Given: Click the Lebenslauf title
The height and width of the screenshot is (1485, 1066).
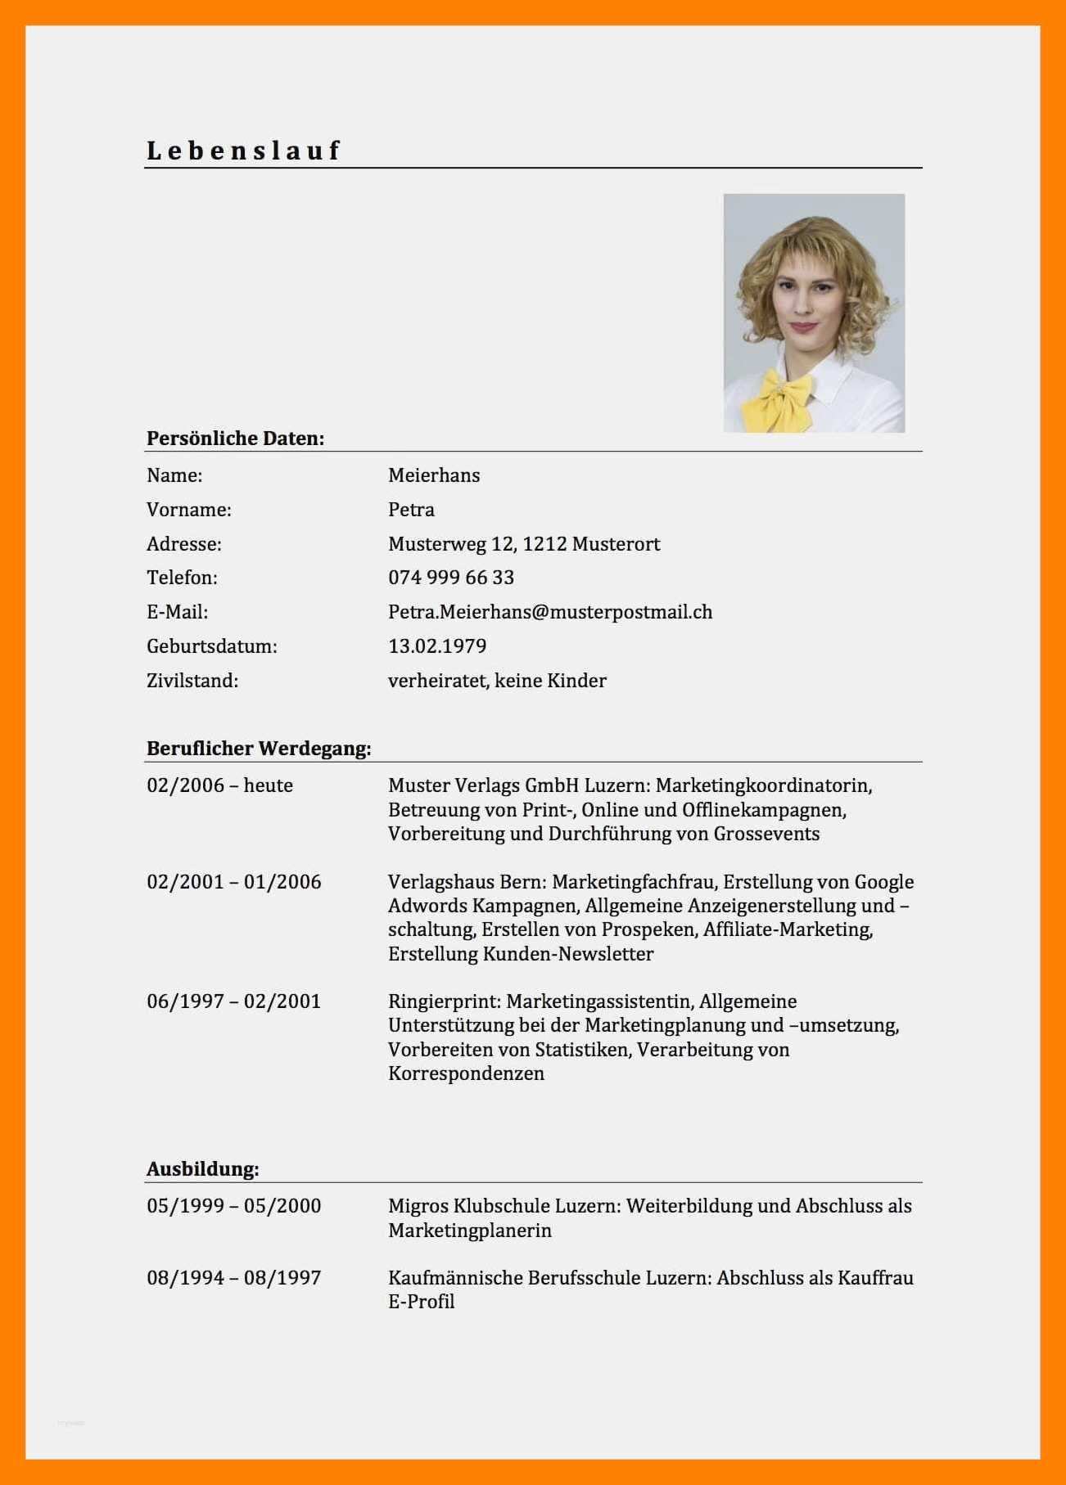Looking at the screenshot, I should tap(243, 151).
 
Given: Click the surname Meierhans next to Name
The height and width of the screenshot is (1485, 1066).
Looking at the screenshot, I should tap(434, 475).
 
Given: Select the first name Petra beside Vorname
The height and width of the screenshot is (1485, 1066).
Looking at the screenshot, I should tap(411, 510).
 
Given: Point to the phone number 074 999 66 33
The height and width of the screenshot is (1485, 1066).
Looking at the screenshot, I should tap(451, 578).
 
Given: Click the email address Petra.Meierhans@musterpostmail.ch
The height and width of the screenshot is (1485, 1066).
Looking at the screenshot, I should tap(550, 612).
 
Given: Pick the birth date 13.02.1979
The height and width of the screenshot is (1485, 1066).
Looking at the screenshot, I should tap(437, 646).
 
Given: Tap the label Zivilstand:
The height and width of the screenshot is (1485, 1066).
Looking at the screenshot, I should tap(192, 681).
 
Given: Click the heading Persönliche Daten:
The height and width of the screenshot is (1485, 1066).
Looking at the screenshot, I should tap(235, 439).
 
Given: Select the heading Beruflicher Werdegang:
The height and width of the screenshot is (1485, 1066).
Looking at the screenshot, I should tap(259, 749).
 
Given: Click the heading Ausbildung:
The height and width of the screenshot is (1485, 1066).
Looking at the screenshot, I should tap(202, 1169).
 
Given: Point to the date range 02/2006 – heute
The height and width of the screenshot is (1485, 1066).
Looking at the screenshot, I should tap(219, 785).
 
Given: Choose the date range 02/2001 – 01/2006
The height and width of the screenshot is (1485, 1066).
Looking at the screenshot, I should tap(233, 882).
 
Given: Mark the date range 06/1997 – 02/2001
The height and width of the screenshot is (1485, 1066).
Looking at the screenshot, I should tap(233, 1001).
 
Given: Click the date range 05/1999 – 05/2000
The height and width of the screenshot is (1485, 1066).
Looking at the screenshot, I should tap(233, 1206).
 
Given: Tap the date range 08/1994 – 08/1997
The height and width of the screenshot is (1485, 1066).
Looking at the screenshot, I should tap(233, 1278).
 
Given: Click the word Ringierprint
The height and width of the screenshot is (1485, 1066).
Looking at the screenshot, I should tap(443, 1001).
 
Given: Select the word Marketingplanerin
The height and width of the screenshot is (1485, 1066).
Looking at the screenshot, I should tap(470, 1231).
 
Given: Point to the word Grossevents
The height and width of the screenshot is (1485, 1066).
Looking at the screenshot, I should tap(766, 834).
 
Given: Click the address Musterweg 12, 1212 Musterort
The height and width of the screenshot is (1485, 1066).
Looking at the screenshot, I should tap(524, 544).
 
